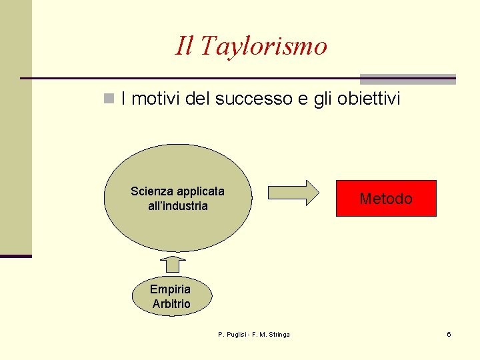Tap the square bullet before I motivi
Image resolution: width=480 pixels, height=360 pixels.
[x=109, y=99]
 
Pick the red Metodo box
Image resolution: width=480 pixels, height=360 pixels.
[x=386, y=199]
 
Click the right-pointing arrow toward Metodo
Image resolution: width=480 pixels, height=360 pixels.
[x=293, y=192]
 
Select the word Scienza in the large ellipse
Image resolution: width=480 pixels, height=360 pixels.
[x=152, y=192]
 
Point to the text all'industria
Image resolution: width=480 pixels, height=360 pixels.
[x=178, y=207]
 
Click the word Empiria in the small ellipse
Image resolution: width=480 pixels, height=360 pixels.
[x=170, y=289]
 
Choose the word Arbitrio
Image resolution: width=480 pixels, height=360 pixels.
[x=171, y=304]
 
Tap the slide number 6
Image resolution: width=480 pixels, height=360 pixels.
[x=449, y=334]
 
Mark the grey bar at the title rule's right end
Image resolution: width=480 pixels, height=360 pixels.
[x=407, y=79]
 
